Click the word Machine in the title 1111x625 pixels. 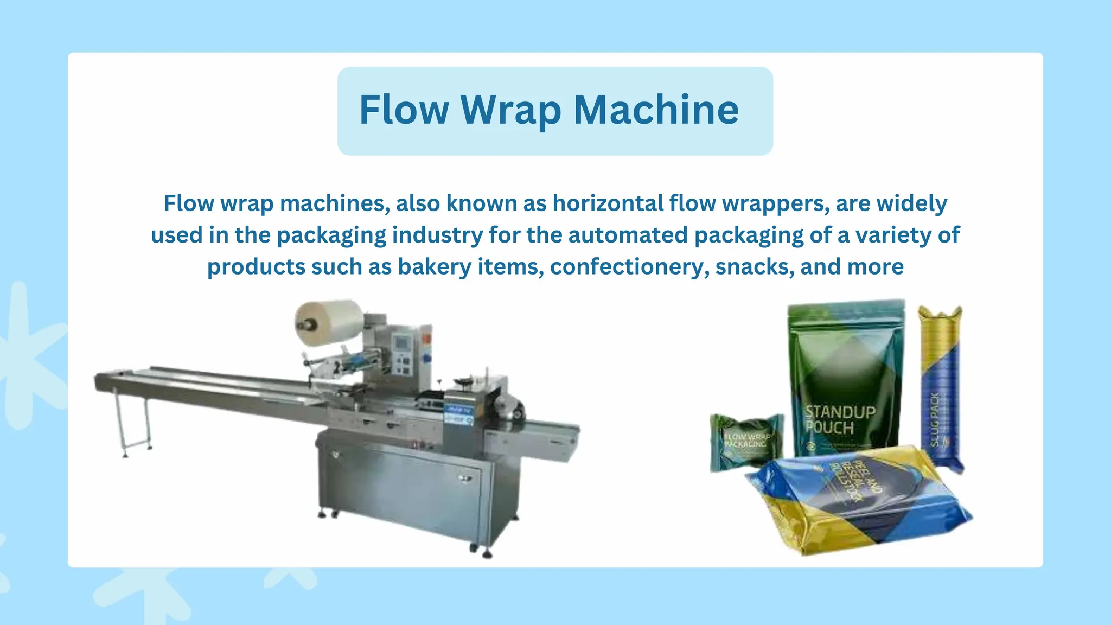tap(656, 110)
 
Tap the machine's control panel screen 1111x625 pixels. tap(403, 343)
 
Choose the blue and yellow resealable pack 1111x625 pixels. tap(857, 499)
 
